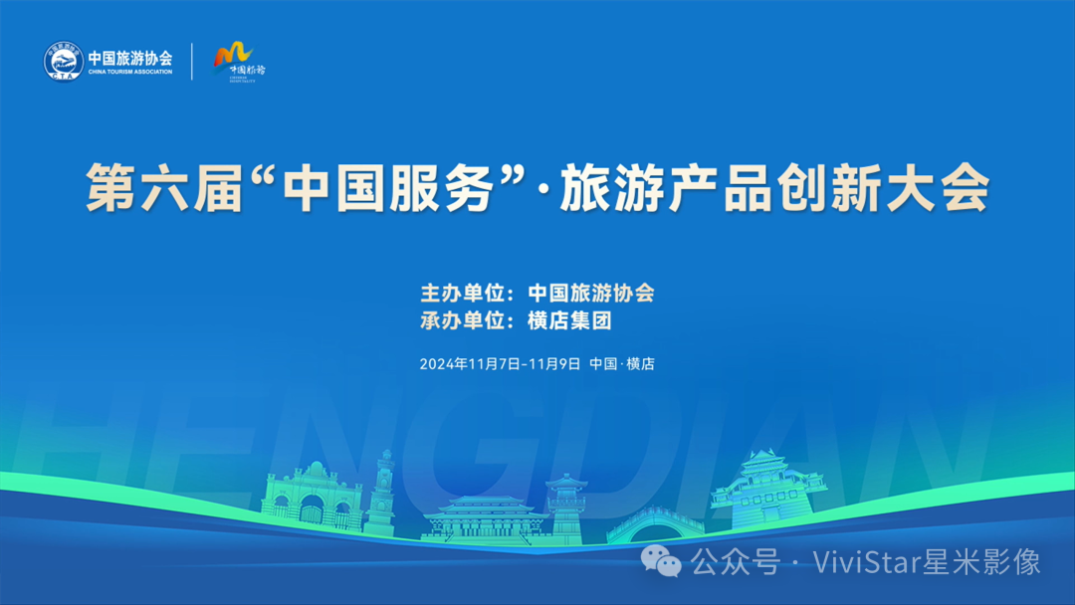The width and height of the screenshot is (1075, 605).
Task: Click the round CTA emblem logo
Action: [62, 62]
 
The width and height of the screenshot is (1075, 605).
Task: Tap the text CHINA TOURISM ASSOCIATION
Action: [130, 72]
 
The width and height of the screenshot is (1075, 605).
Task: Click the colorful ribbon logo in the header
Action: [234, 56]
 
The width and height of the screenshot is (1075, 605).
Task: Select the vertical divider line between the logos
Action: [192, 62]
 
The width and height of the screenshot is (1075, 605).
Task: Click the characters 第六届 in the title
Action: [164, 189]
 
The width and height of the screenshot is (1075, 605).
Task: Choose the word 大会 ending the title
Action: [946, 189]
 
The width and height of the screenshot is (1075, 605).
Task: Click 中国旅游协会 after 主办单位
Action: [590, 294]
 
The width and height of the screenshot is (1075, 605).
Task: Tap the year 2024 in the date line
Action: [437, 364]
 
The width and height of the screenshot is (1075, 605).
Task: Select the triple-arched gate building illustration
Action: [313, 498]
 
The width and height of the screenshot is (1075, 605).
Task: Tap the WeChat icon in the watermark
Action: [662, 562]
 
